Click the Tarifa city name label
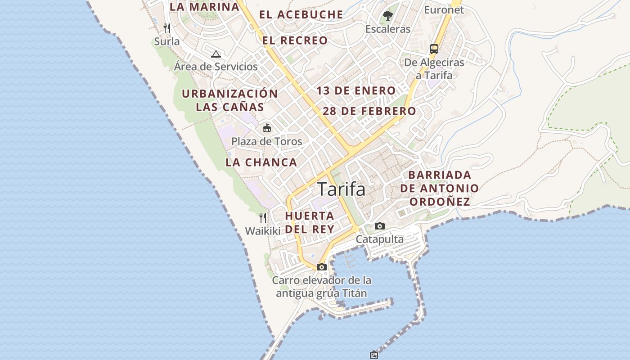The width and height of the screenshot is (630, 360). (341, 189)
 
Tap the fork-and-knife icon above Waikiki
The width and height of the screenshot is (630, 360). (263, 218)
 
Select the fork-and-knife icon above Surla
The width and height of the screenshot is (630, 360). (167, 28)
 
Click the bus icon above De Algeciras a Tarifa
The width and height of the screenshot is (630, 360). (434, 49)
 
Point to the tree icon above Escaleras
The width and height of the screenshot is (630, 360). (387, 16)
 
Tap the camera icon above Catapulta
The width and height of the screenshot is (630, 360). (380, 226)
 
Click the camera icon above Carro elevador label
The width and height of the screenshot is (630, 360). (321, 267)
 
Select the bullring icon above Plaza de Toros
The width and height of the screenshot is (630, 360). (267, 128)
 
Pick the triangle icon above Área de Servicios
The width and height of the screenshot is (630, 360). (216, 54)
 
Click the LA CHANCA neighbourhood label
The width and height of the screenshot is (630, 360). (261, 162)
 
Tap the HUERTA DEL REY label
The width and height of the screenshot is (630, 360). (310, 222)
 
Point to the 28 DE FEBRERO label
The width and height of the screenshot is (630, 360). (369, 111)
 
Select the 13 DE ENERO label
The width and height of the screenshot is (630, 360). (355, 91)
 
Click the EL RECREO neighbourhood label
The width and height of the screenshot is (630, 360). (295, 40)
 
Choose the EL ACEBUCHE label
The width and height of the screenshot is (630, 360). (301, 14)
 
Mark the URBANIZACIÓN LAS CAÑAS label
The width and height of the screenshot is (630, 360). (230, 100)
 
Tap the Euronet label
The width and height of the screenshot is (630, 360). (444, 9)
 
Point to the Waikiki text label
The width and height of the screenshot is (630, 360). (262, 231)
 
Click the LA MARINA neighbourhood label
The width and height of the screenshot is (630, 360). (204, 7)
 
